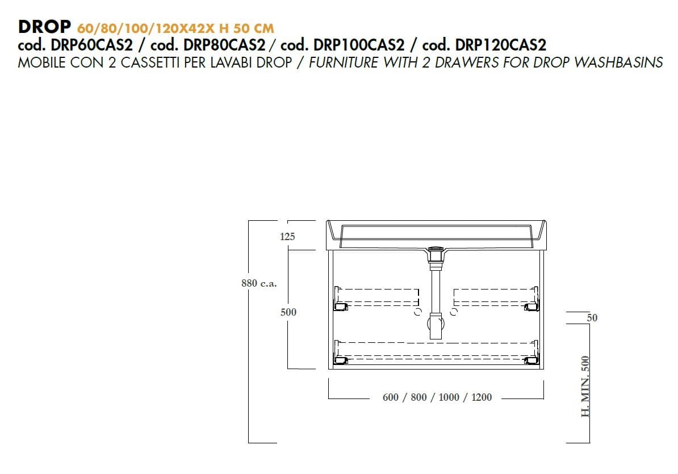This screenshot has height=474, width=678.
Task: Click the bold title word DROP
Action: pyautogui.click(x=44, y=27)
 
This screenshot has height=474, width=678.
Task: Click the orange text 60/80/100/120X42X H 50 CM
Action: pyautogui.click(x=175, y=27)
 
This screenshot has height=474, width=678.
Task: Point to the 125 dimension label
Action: pyautogui.click(x=287, y=237)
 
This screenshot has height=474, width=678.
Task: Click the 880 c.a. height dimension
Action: pyautogui.click(x=259, y=283)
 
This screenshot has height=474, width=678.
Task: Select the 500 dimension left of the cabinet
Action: pyautogui.click(x=288, y=312)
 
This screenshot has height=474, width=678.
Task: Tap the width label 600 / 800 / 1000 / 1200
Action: pyautogui.click(x=437, y=397)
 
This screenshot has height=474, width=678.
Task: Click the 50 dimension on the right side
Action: pyautogui.click(x=592, y=318)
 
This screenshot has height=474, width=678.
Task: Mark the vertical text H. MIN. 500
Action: pyautogui.click(x=586, y=387)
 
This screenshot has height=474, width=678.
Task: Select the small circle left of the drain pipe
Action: pyautogui.click(x=418, y=312)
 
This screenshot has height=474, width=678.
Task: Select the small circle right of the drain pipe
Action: pyautogui.click(x=454, y=312)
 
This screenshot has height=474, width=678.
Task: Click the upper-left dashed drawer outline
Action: pyautogui.click(x=378, y=297)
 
